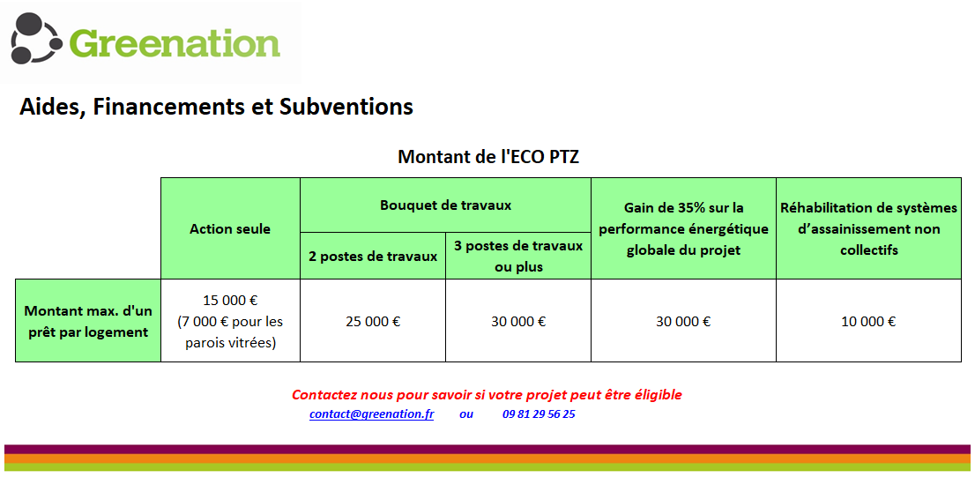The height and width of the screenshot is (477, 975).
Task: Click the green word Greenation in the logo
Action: [175, 43]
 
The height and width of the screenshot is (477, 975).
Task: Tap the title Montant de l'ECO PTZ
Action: [488, 156]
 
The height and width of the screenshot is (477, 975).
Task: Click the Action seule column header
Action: [230, 229]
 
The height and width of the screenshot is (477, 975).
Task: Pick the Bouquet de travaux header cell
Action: [445, 205]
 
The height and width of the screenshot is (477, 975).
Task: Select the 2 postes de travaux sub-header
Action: [373, 256]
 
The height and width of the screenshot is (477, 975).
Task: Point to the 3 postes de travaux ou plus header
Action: [518, 257]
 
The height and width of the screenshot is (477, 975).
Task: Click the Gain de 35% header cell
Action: [683, 228]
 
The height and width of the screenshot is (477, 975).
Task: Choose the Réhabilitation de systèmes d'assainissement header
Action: [868, 228]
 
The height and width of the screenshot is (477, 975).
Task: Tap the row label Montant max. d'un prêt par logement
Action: [87, 320]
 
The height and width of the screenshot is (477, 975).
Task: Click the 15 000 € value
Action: [230, 301]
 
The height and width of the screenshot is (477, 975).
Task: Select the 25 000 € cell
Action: [373, 322]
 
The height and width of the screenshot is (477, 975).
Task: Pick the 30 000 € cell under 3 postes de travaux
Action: [518, 322]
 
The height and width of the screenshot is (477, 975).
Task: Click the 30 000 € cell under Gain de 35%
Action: [683, 322]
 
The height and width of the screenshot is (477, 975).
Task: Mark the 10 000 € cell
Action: [868, 322]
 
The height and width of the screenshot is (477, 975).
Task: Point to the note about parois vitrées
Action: [230, 332]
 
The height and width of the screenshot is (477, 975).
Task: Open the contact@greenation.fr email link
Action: [372, 414]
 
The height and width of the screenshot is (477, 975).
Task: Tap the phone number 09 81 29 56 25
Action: [539, 414]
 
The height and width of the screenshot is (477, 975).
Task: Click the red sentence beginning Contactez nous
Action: [487, 395]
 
